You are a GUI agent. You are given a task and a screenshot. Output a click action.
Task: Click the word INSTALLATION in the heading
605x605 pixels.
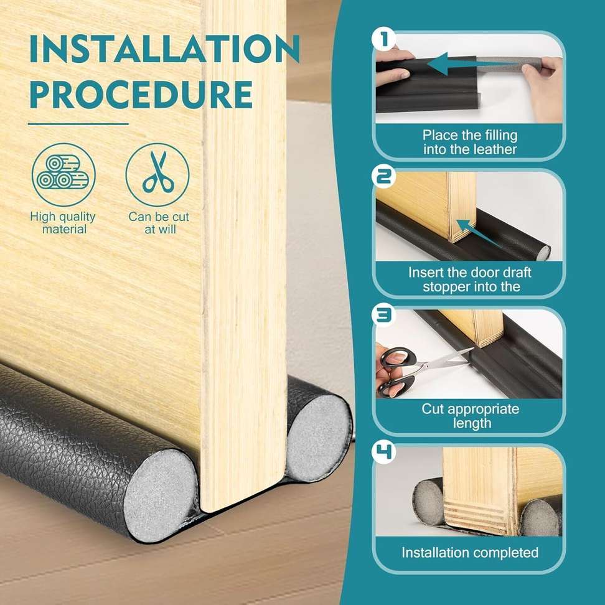click(x=165, y=49)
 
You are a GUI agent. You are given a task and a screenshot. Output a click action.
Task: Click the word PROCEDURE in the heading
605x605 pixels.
click(x=141, y=95)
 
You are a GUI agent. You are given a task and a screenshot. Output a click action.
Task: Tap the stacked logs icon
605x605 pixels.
click(x=63, y=175)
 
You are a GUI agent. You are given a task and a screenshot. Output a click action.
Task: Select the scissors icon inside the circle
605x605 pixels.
click(x=158, y=172)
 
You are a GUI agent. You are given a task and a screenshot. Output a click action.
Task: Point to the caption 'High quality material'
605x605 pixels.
click(x=63, y=223)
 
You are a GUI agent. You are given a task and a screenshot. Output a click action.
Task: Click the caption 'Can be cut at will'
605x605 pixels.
click(x=159, y=223)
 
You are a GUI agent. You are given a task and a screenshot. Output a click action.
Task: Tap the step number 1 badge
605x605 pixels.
click(x=384, y=40)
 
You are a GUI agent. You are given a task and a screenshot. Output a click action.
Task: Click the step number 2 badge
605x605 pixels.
click(x=384, y=177)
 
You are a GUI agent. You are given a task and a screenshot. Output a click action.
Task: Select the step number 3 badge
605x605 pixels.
click(x=384, y=314)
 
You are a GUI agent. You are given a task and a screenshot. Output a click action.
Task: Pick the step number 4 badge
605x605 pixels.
click(x=384, y=452)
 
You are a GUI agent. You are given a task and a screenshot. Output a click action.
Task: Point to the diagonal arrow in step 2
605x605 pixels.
click(x=479, y=232)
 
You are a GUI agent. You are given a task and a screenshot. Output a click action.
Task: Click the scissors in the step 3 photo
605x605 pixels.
click(x=421, y=369)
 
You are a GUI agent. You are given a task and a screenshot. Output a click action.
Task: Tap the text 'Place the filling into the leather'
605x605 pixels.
click(x=469, y=142)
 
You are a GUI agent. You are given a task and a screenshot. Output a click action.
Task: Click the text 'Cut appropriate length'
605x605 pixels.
click(x=471, y=416)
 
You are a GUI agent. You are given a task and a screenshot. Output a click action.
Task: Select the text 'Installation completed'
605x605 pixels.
click(x=470, y=553)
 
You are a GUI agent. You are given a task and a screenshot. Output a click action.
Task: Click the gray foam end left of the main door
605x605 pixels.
click(x=161, y=495)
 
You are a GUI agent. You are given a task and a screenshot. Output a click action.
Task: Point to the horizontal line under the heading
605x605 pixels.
click(x=78, y=124)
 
